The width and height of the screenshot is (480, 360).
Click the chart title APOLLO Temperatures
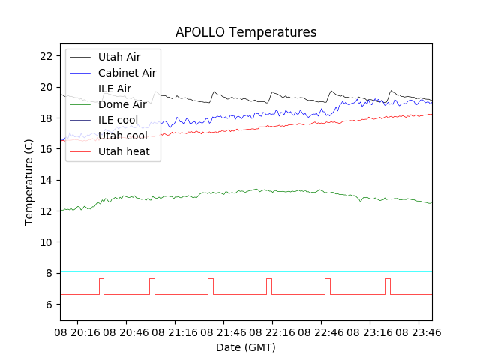(245, 32)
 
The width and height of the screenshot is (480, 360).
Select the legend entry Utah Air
(118, 57)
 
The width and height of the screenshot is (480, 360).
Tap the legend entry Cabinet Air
(127, 73)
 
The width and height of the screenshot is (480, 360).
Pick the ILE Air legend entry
(115, 88)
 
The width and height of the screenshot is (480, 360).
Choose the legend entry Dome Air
(122, 104)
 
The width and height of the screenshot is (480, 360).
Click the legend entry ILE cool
(118, 120)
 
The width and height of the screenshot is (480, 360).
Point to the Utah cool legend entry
(122, 136)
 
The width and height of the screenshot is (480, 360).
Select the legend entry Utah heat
(123, 151)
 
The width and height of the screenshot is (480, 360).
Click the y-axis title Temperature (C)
(29, 181)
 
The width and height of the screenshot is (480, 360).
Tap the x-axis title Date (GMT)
(245, 347)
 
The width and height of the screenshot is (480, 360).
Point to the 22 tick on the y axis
(46, 56)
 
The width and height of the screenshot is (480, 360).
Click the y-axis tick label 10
(46, 242)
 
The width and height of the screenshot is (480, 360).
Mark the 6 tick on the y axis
(49, 304)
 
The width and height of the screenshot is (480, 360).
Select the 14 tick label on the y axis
(46, 180)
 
